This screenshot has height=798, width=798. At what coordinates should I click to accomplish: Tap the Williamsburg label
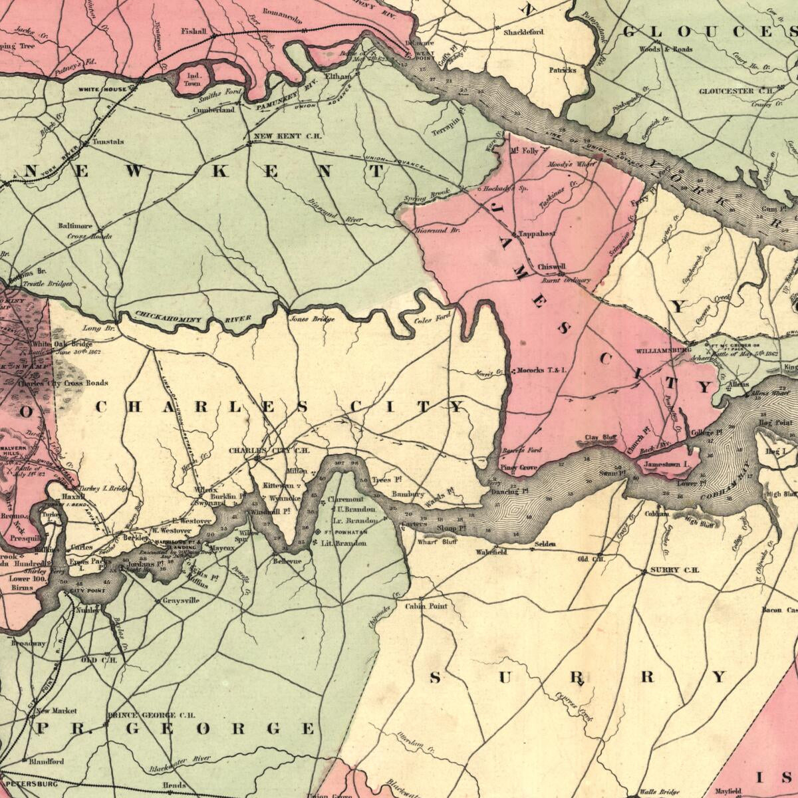[663, 349]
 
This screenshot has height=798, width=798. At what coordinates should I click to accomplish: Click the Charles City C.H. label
[269, 450]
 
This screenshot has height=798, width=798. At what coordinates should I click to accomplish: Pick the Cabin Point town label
[426, 606]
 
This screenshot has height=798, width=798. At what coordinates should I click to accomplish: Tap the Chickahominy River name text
[194, 319]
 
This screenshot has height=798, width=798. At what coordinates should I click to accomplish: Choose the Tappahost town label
[537, 234]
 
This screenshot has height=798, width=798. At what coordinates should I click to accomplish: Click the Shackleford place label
[523, 32]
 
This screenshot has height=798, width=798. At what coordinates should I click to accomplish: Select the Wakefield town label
[491, 552]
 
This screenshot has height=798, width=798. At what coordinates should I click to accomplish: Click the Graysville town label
[181, 600]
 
